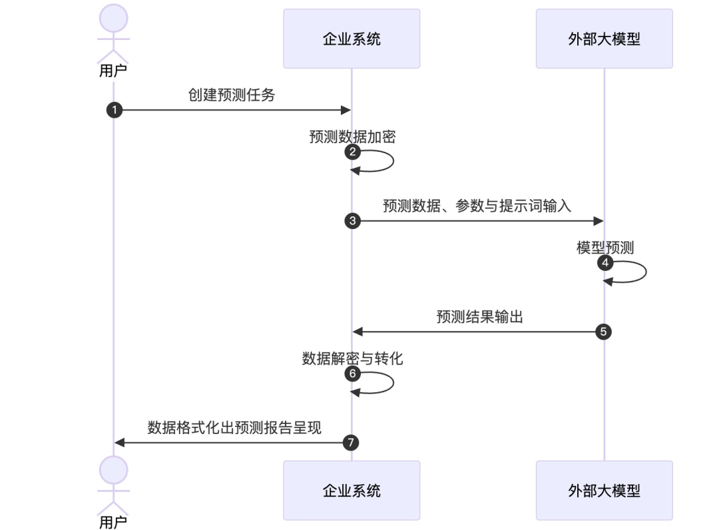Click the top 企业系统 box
click(x=352, y=39)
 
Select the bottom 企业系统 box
click(x=352, y=491)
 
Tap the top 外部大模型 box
click(x=604, y=39)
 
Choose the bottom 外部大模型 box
click(x=604, y=491)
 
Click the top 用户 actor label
click(x=113, y=71)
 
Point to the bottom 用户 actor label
click(x=113, y=523)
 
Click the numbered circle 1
click(x=115, y=111)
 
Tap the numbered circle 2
click(x=353, y=152)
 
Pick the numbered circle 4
click(x=604, y=263)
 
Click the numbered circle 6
click(x=353, y=374)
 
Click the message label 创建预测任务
click(x=232, y=95)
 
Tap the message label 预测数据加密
click(x=352, y=136)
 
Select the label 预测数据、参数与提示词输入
click(x=477, y=206)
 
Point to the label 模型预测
click(x=604, y=248)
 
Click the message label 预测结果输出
click(x=479, y=316)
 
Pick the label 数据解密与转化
click(x=352, y=358)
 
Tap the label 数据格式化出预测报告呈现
click(x=234, y=427)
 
